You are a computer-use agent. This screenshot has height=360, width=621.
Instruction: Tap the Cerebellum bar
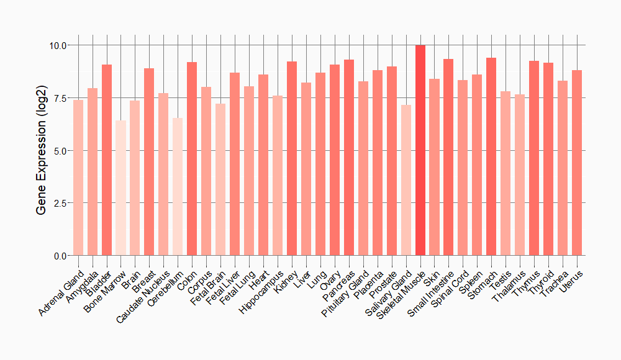[178, 186]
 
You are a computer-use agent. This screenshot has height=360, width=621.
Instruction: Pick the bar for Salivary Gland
[406, 180]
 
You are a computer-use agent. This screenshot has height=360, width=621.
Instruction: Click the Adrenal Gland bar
[78, 178]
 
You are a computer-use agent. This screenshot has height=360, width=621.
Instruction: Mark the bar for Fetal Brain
[220, 179]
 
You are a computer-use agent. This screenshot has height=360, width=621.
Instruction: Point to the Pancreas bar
[349, 158]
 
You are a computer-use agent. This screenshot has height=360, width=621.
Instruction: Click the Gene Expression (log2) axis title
[42, 150]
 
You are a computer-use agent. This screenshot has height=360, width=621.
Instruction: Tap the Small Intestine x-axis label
[431, 293]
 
